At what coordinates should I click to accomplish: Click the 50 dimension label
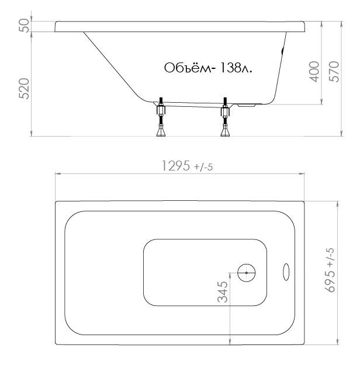point(25,26)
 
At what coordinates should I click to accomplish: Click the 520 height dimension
point(24,89)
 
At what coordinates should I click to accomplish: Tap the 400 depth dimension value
point(314,72)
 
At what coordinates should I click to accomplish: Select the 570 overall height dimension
point(334,72)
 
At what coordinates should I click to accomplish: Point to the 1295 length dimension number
point(176,166)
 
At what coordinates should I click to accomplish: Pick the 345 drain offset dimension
point(223,292)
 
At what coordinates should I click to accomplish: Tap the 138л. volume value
point(236,68)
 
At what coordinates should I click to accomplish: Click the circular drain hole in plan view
point(247,273)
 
